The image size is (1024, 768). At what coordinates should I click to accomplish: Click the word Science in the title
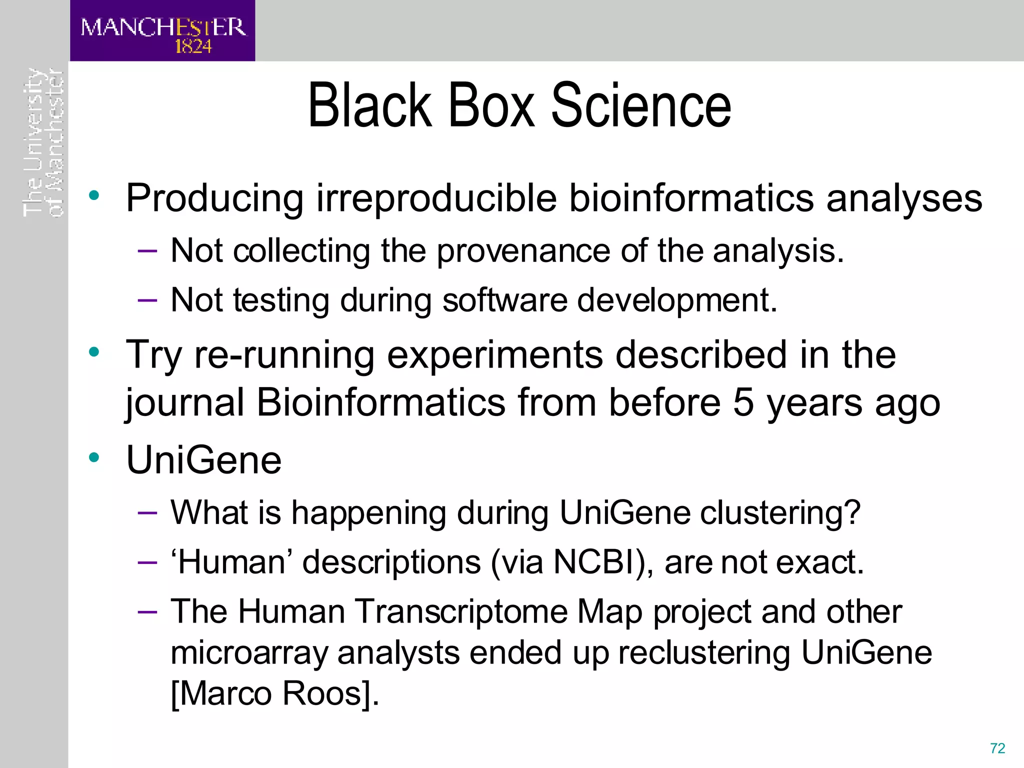point(641,106)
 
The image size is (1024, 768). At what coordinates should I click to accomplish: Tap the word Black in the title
point(370,106)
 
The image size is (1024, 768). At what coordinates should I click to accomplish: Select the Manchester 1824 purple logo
point(162,31)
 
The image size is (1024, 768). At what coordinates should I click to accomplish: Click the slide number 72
point(997,748)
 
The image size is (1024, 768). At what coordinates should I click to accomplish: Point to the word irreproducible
point(436,198)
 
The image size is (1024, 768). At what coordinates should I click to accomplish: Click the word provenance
point(523,251)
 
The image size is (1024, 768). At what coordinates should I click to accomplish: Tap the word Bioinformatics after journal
point(381,402)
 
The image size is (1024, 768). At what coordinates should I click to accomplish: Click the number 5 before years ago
point(743,402)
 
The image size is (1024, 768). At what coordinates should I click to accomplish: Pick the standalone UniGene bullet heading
point(204,460)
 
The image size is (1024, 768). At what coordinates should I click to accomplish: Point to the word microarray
point(248,653)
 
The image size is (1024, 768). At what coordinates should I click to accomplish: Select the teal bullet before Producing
point(94,195)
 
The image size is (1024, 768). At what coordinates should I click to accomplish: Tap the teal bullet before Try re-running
point(94,352)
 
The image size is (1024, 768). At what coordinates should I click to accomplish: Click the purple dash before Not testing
point(147,300)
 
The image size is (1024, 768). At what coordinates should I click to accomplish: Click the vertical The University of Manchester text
point(43,142)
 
